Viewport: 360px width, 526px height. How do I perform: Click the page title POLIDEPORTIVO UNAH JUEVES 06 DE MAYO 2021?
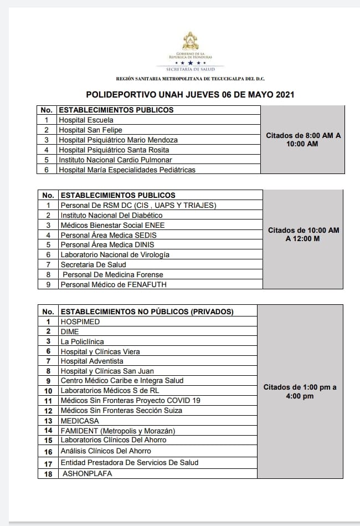coord(189,95)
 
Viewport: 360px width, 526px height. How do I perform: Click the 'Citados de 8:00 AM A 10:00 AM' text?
coord(304,139)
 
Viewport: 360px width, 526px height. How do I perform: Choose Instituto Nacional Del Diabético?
coord(111,215)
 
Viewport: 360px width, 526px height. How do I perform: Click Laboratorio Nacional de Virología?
coord(115,254)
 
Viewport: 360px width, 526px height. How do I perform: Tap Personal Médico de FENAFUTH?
coord(114,284)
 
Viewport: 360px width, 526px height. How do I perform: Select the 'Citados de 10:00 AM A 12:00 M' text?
coord(304,234)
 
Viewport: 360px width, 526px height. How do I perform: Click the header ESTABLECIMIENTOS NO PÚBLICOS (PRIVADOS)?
coord(147,311)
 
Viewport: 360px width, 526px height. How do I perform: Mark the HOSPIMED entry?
coord(80,321)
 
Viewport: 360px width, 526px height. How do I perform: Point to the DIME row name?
coord(70,331)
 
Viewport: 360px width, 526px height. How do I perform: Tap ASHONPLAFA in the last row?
coord(88,473)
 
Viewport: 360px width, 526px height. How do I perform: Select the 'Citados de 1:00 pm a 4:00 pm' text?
coord(300,391)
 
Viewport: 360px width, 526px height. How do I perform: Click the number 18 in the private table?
coord(48,473)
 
